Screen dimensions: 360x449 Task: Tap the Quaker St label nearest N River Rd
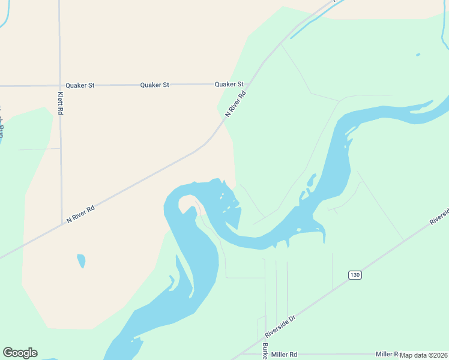click(x=229, y=85)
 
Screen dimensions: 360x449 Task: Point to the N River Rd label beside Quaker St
click(x=236, y=103)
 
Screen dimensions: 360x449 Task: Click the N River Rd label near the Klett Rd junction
click(x=80, y=214)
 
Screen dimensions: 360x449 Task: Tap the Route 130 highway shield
click(x=355, y=275)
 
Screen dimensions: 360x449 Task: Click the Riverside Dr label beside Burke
click(x=281, y=327)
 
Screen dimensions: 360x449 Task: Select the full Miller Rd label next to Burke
click(x=284, y=355)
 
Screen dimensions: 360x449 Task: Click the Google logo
click(x=20, y=353)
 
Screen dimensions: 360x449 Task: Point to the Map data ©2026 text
click(x=424, y=355)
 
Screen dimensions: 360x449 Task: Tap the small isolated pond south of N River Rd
click(x=81, y=261)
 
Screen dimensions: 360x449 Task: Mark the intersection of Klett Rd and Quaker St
click(x=60, y=85)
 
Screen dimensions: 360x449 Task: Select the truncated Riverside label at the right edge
click(x=439, y=217)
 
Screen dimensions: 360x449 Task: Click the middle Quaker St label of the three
click(x=154, y=85)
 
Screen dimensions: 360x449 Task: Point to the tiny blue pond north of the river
click(x=418, y=55)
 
